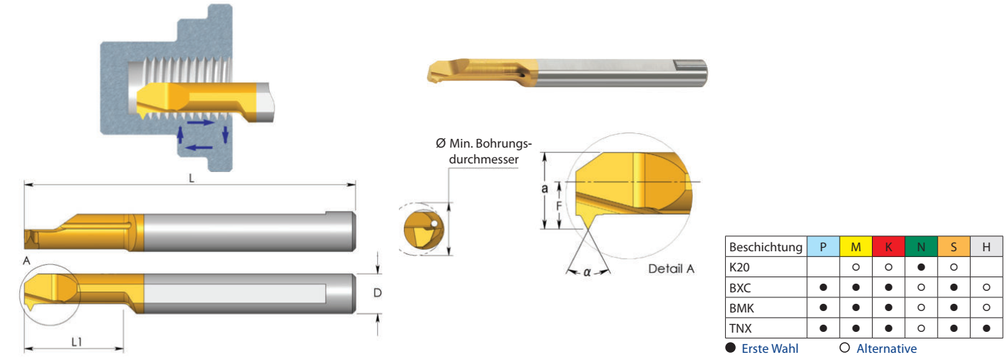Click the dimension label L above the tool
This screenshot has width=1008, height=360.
(192, 178)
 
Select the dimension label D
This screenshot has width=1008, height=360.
(376, 294)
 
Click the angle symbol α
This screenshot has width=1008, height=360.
(587, 272)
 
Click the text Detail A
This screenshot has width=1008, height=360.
(670, 269)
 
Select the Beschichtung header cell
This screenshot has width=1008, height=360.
(765, 247)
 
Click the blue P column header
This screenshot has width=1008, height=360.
(823, 247)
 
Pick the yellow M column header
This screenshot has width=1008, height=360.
(855, 247)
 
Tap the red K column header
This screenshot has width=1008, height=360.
(888, 247)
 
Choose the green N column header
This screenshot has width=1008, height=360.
(921, 247)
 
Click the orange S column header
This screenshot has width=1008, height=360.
(953, 247)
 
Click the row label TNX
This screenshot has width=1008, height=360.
(742, 328)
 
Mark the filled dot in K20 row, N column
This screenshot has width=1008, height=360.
(921, 267)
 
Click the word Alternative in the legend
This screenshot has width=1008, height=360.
(886, 348)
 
